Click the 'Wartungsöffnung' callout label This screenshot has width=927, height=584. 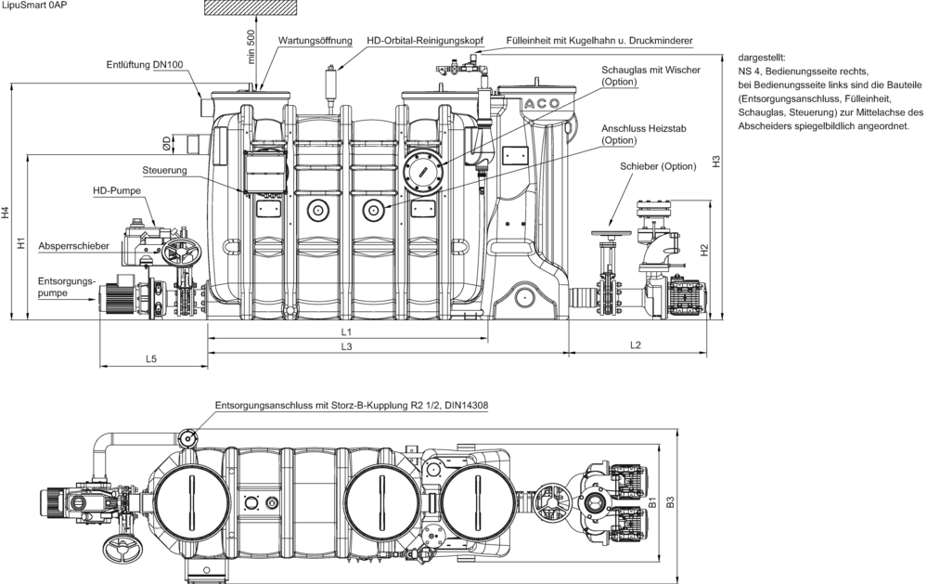315,40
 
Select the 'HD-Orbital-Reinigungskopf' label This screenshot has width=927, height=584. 425,40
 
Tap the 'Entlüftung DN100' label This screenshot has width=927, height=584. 145,64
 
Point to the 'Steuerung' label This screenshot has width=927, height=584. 164,171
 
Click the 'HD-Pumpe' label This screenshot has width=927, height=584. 117,191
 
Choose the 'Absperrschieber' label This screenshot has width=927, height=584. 74,246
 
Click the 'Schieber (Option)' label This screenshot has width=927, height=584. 658,166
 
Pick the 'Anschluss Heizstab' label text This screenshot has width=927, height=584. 644,128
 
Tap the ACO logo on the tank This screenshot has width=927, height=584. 542,104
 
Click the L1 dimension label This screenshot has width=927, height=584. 346,332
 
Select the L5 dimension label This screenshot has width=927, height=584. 151,358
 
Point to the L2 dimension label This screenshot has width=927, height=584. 635,345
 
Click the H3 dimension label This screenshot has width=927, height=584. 716,161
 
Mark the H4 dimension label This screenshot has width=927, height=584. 6,213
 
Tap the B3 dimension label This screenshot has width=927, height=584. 670,502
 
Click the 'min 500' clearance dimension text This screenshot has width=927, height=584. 251,46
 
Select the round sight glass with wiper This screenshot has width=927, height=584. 423,172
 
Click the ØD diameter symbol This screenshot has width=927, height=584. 167,142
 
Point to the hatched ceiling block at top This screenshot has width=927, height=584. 251,7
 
